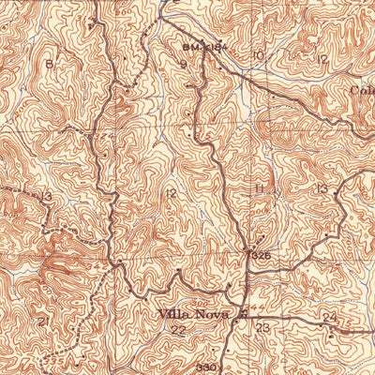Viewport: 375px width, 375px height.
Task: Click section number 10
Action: [x=258, y=56]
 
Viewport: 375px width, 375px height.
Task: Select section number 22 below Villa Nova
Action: [x=177, y=330]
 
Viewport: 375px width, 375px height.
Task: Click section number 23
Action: [x=263, y=327]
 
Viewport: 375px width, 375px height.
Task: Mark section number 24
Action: [x=329, y=319]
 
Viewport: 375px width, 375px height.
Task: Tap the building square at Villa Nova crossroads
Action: [x=243, y=315]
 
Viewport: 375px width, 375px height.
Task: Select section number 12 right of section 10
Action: [x=322, y=59]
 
